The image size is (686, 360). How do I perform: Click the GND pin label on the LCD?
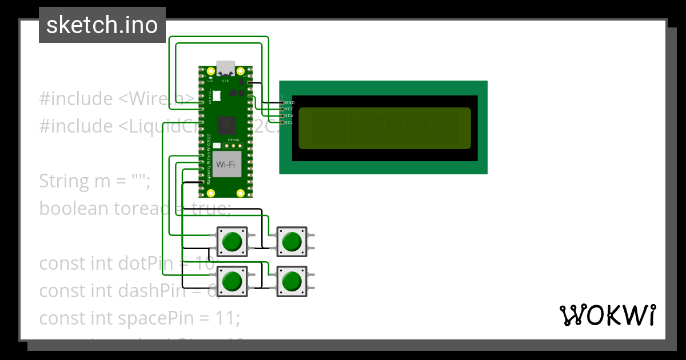[289, 102]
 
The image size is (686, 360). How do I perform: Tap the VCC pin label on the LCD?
[289, 109]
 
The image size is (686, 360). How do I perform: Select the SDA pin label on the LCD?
[289, 115]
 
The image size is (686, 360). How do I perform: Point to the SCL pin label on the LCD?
[289, 122]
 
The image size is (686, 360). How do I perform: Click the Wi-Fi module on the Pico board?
[226, 165]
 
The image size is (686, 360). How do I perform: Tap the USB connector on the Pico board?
[225, 67]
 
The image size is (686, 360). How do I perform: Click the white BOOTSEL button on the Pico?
[216, 95]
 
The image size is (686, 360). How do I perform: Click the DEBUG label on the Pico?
[234, 139]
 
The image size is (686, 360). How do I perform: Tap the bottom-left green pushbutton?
[232, 281]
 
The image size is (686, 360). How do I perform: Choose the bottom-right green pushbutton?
[292, 281]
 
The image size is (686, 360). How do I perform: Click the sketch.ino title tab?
[102, 25]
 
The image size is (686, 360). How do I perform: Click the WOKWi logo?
[607, 315]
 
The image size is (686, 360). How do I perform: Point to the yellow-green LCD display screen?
[384, 128]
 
